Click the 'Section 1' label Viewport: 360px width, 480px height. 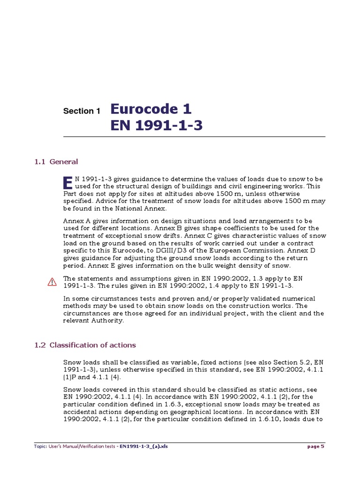(x=82, y=111)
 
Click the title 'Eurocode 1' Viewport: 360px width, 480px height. (x=151, y=109)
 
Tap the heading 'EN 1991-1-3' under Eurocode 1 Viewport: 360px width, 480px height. (x=157, y=126)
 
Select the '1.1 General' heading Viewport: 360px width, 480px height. (x=56, y=162)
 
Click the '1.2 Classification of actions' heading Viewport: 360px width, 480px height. (x=85, y=345)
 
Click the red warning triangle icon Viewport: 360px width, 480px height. (x=52, y=282)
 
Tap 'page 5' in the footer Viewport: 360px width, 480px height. (x=315, y=446)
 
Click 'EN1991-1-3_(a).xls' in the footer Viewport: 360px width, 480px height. (x=143, y=446)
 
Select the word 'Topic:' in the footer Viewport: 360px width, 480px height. (x=40, y=446)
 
